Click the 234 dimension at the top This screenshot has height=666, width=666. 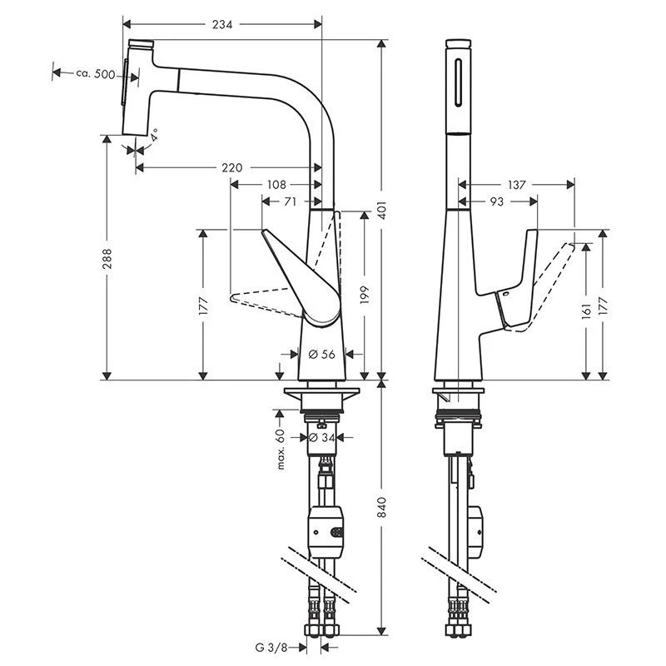pos(221,24)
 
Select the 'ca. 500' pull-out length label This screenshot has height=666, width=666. pos(94,74)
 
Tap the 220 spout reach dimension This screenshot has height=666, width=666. pos(232,168)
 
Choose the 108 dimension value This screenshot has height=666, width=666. pos(276,185)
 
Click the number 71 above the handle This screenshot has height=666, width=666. pos(291,201)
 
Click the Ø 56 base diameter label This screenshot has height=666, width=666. pos(321,354)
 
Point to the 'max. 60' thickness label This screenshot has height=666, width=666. pos(281,449)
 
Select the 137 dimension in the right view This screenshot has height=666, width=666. pos(516,185)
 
